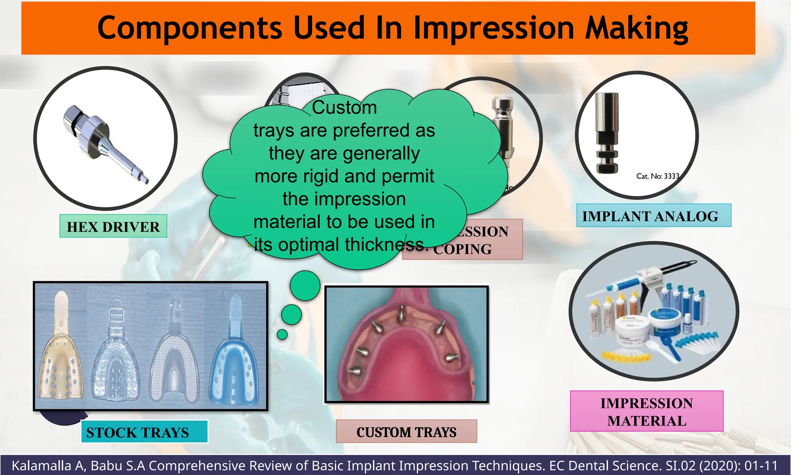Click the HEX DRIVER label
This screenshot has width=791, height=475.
[x=113, y=226]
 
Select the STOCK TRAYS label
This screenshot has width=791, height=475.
[x=138, y=432]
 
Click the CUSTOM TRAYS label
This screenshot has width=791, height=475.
[x=406, y=432]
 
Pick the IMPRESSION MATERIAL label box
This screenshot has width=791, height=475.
[x=647, y=411]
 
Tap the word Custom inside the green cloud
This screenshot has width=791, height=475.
[x=344, y=107]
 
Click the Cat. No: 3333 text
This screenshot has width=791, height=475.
[x=657, y=176]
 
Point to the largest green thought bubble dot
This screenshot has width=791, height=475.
[x=305, y=286]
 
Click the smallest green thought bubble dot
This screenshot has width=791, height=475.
[x=282, y=334]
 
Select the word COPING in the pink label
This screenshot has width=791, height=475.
[x=462, y=249]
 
